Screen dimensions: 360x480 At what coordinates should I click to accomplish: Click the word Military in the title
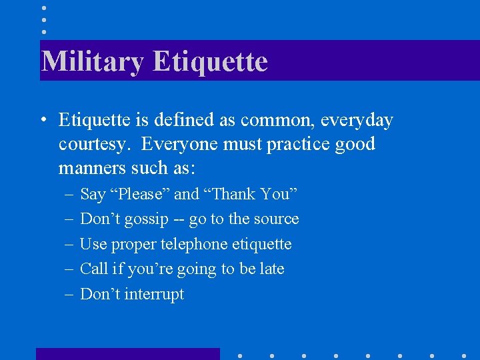(x=92, y=62)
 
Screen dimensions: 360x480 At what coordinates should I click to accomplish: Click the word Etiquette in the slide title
(x=210, y=62)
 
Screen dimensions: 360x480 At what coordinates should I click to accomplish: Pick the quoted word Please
(x=144, y=195)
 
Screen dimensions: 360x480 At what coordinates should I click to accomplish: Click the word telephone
(x=194, y=245)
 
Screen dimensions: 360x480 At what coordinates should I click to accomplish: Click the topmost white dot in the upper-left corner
(x=43, y=7)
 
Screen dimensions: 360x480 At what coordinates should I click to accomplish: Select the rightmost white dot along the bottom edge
(x=464, y=355)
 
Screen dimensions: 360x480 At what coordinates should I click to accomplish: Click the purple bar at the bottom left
(x=127, y=354)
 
